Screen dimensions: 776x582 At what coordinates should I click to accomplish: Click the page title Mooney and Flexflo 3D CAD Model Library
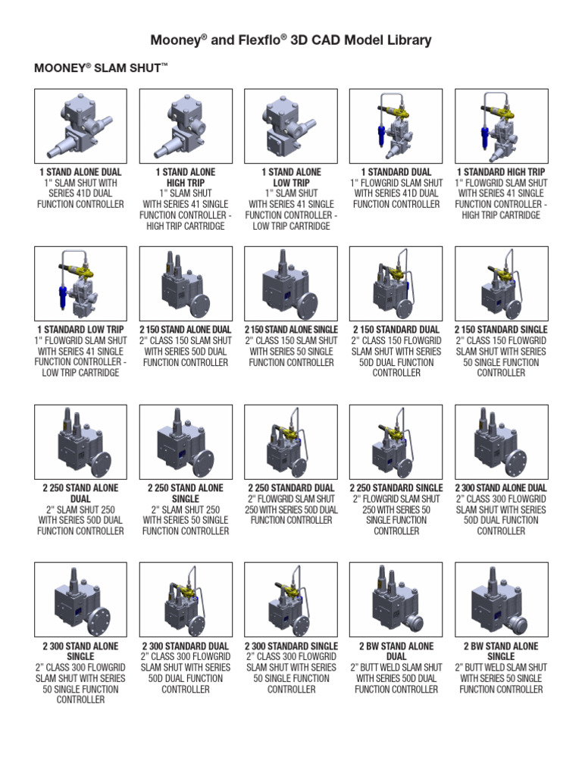[291, 41]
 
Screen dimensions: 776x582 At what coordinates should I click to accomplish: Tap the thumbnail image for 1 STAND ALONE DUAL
[80, 126]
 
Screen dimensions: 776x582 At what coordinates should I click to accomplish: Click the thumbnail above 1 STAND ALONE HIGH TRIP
[186, 126]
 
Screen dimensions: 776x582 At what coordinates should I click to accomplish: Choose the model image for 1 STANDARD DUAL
[396, 126]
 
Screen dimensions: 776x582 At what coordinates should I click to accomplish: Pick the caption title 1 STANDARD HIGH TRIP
[501, 172]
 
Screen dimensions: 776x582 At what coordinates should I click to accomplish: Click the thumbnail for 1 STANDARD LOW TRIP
[80, 283]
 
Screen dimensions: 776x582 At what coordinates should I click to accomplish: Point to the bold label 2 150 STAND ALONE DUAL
[186, 330]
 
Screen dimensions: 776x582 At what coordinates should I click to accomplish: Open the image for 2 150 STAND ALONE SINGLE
[291, 283]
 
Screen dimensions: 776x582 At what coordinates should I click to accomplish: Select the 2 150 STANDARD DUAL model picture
[396, 283]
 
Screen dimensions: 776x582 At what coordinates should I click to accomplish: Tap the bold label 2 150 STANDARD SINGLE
[501, 330]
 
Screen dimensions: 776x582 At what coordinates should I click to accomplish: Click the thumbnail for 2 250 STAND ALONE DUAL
[80, 442]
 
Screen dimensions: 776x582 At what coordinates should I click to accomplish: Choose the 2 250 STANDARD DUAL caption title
[291, 488]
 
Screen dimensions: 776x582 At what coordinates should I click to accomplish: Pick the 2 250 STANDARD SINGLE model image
[396, 442]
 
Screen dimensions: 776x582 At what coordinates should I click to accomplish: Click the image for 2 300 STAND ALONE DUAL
[501, 442]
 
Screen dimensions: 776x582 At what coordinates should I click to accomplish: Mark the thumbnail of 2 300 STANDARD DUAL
[186, 599]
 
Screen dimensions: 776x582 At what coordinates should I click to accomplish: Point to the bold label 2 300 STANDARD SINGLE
[291, 646]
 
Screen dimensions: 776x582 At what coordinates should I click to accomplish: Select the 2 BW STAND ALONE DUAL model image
[396, 599]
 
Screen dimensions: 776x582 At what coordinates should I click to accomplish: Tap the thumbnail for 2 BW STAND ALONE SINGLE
[501, 599]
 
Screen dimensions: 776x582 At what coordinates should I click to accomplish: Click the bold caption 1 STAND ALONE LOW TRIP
[291, 177]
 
